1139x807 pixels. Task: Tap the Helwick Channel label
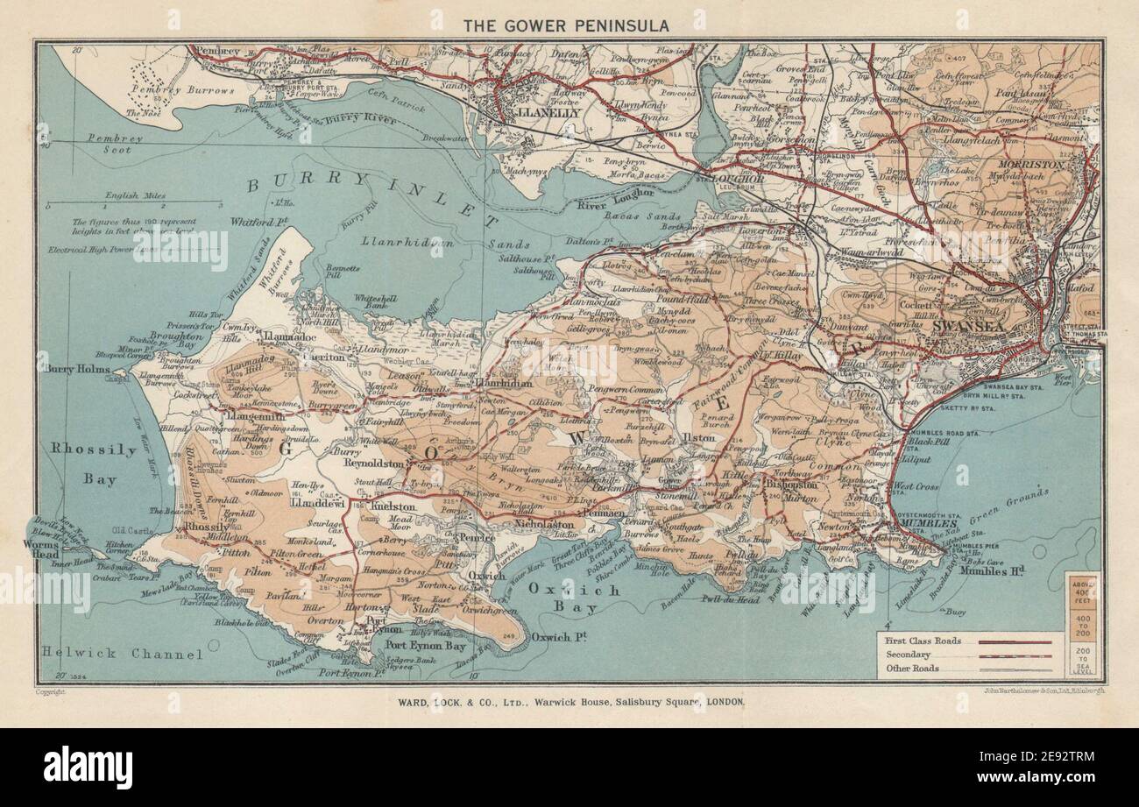point(122,655)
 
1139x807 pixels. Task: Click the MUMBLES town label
point(915,524)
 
